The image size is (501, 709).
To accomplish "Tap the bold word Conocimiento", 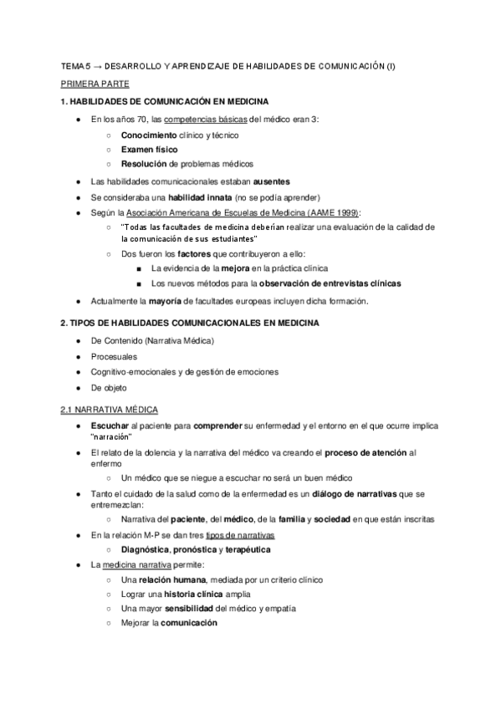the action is (149, 134).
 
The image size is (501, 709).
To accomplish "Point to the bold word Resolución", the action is (147, 164).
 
